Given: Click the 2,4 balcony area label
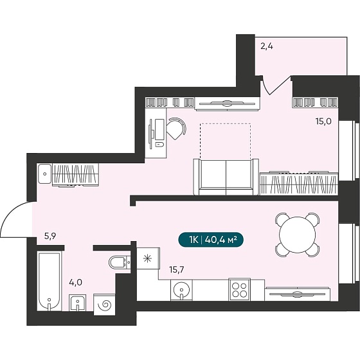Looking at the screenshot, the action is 267,46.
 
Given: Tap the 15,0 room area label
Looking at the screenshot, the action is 323,122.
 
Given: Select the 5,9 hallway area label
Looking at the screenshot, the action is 50,236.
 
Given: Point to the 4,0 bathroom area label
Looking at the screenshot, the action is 76,282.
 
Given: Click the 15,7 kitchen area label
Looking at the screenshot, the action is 177,269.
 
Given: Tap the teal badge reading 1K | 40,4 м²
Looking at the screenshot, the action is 211,240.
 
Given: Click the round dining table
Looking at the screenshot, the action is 297,235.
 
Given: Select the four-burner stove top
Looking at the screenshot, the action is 239,290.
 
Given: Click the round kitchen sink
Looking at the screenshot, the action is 181,290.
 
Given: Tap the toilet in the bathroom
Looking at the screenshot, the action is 120,262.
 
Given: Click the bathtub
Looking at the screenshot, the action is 50,282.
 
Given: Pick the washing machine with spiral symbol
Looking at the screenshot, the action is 104,305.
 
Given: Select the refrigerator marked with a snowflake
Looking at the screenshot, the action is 148,258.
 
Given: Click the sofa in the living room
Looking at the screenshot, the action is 226,177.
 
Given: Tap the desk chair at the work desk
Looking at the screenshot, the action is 176,129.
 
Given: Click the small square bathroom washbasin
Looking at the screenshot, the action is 78,303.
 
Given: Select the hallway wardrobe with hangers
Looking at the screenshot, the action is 76,174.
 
